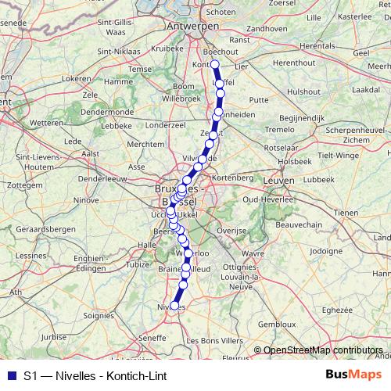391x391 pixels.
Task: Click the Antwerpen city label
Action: (x=192, y=26)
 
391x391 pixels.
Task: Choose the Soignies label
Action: (x=99, y=316)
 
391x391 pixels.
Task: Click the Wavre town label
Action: (x=253, y=253)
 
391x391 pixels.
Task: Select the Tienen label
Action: (x=344, y=213)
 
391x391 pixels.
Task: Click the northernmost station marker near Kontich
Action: (x=214, y=65)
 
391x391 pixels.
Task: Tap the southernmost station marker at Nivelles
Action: (x=174, y=307)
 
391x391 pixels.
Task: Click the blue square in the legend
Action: (x=10, y=375)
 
